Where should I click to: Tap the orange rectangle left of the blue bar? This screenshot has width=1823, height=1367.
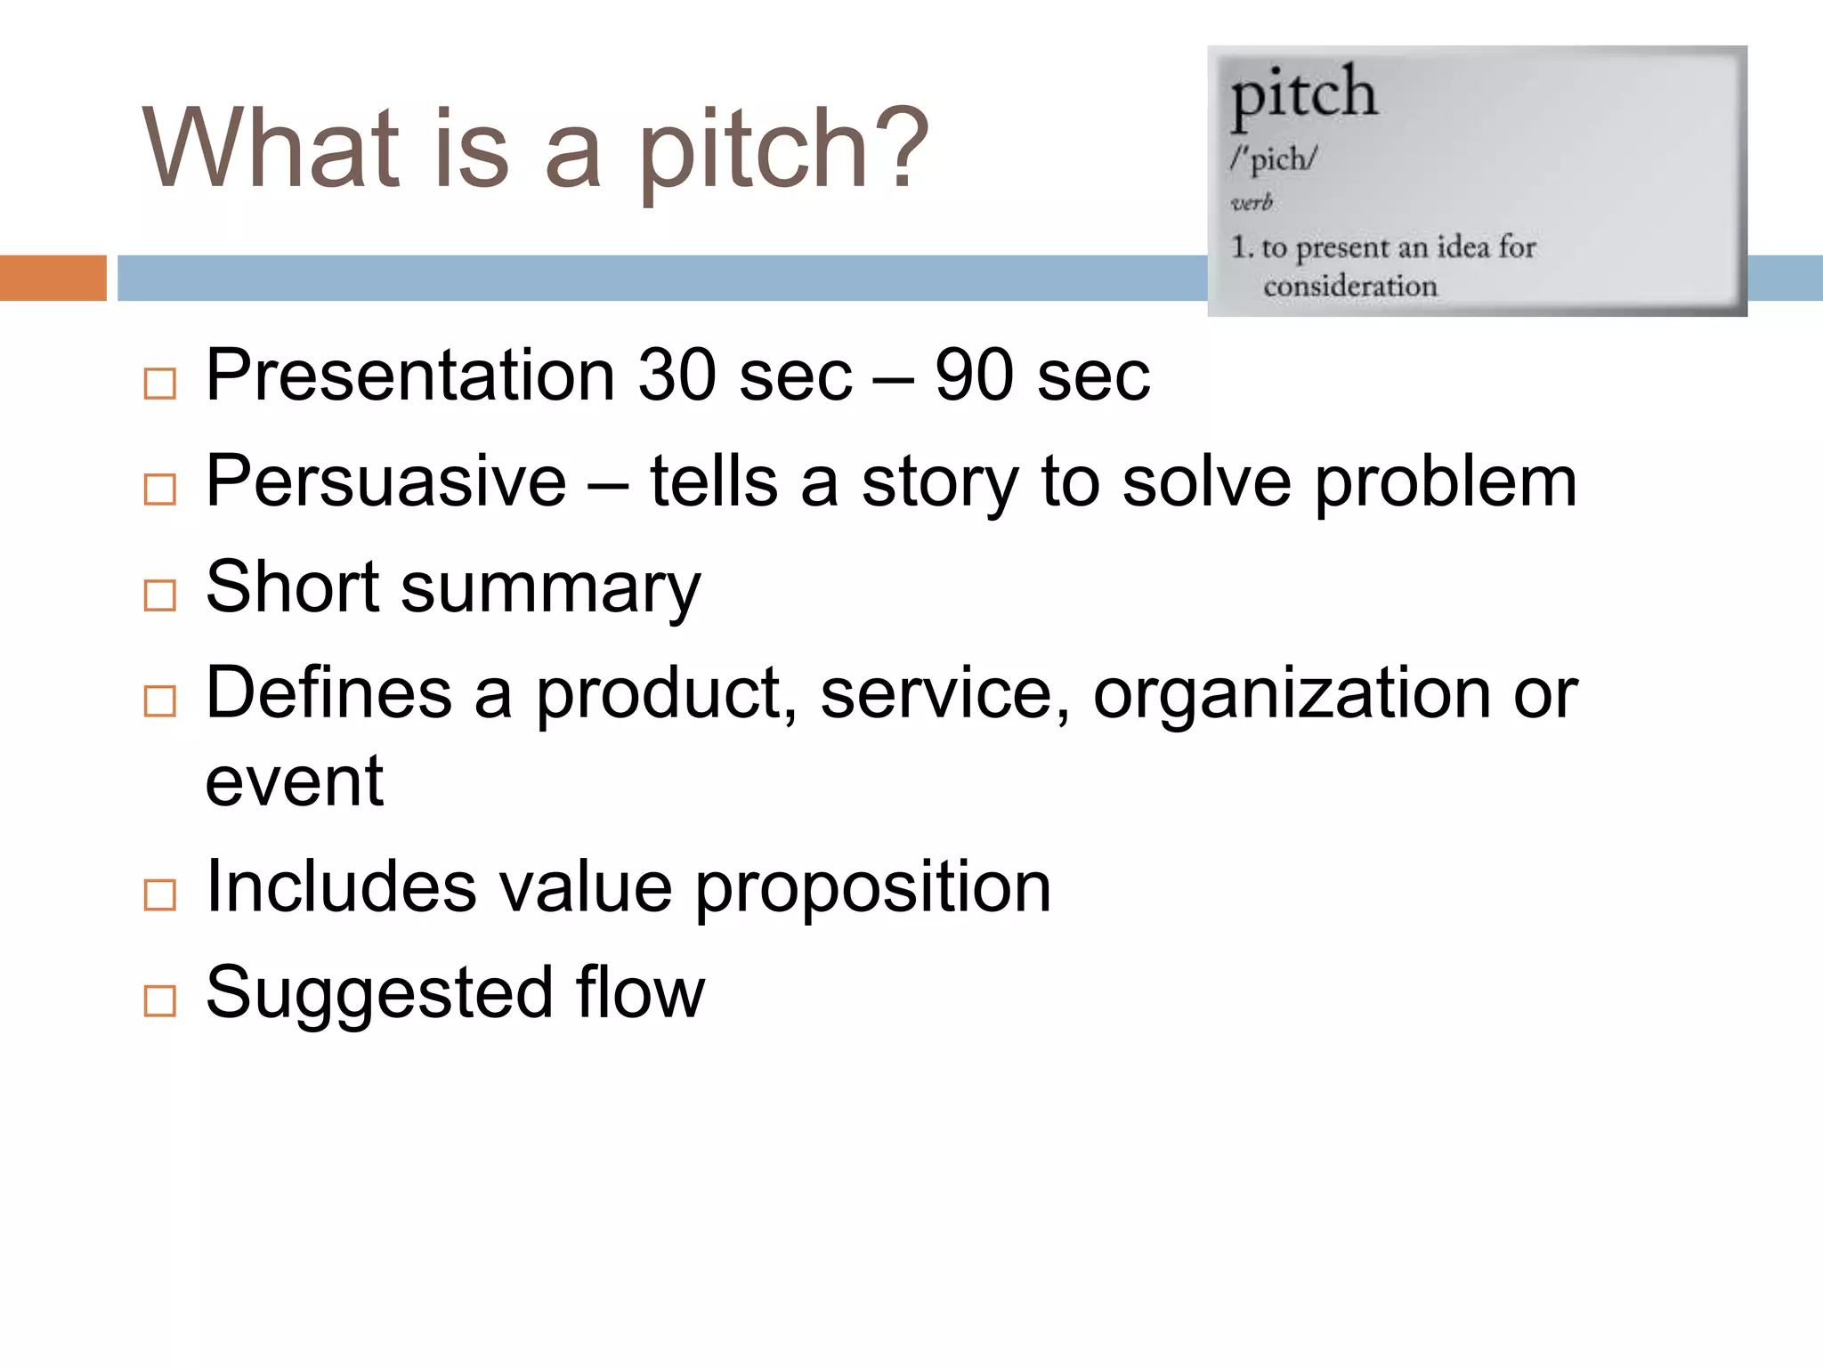pos(53,278)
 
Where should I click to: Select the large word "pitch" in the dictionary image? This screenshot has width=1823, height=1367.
pos(1303,94)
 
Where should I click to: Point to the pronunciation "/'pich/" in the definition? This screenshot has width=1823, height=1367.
pos(1273,159)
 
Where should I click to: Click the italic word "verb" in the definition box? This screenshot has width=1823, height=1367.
pos(1252,203)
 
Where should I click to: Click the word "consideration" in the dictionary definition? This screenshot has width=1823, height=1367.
pos(1349,287)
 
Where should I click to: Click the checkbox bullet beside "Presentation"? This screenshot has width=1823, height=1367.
pos(159,384)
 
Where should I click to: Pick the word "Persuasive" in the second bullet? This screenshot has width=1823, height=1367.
pos(385,481)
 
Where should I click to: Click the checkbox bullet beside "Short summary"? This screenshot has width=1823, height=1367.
pos(159,595)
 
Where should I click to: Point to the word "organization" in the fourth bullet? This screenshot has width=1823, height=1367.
pos(1291,693)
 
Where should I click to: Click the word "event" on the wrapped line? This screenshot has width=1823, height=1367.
pos(295,781)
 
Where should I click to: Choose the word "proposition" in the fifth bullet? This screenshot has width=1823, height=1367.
pos(872,888)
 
